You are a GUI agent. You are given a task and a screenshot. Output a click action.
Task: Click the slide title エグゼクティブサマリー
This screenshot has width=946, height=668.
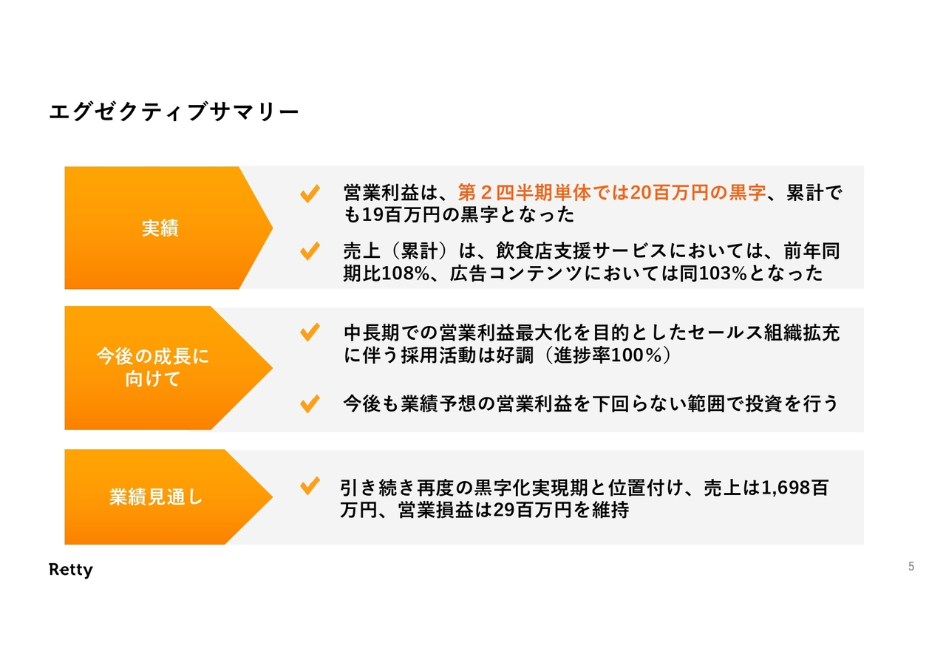tap(174, 112)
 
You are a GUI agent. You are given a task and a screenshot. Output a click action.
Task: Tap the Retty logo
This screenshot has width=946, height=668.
tap(70, 570)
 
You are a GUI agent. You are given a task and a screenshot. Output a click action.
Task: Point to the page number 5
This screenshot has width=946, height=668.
tap(911, 566)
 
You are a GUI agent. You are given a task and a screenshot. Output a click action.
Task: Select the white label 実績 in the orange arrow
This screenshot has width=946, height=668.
tap(160, 228)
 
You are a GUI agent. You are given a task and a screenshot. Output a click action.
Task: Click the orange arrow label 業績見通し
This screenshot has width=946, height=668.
tap(156, 497)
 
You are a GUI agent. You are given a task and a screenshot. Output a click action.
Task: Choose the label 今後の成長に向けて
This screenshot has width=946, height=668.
tap(153, 367)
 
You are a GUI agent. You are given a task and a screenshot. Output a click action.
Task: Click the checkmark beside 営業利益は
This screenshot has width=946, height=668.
tap(310, 194)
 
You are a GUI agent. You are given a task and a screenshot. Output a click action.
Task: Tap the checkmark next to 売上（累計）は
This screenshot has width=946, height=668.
tap(310, 251)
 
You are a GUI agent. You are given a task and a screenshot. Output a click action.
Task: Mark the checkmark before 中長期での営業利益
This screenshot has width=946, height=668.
tap(310, 333)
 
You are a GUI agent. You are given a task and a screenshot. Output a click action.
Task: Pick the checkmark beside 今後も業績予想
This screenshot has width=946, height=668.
tap(310, 403)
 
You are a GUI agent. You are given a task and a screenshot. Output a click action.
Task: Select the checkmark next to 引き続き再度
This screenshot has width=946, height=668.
tap(310, 485)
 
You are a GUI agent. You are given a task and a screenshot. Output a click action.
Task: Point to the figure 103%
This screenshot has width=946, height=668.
tap(723, 273)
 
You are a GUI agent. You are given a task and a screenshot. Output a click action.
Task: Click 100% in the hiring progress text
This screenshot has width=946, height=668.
tap(636, 355)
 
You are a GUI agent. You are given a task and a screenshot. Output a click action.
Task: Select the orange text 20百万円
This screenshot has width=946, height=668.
tap(669, 193)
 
